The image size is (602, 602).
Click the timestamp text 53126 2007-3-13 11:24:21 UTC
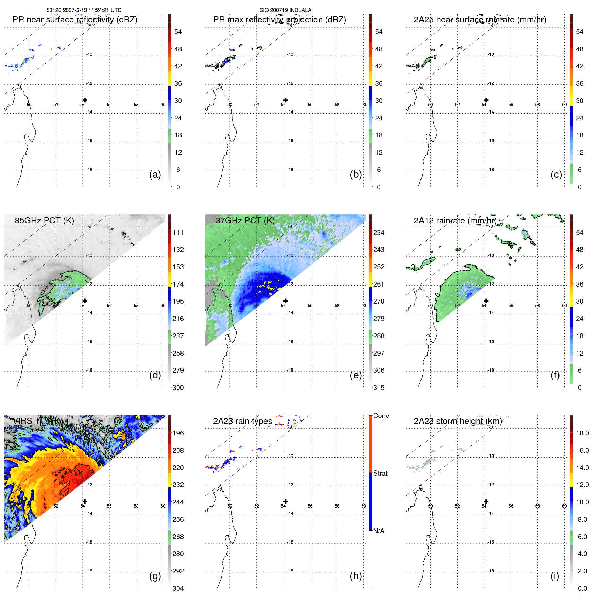pyautogui.click(x=84, y=10)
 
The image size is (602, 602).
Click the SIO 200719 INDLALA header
pyautogui.click(x=285, y=10)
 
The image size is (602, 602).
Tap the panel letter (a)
pyautogui.click(x=155, y=174)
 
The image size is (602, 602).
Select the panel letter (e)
pyautogui.click(x=356, y=375)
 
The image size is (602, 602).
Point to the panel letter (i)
pyautogui.click(x=555, y=576)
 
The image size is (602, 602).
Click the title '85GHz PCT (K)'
pyautogui.click(x=44, y=220)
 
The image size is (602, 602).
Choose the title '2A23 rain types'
pyautogui.click(x=242, y=421)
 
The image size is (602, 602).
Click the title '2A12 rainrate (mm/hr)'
pyautogui.click(x=455, y=220)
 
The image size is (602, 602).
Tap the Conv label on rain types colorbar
pyautogui.click(x=381, y=416)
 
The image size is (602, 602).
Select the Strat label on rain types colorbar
pyautogui.click(x=380, y=473)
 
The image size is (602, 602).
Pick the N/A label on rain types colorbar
pyautogui.click(x=379, y=531)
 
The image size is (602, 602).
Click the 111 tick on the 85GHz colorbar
pyautogui.click(x=178, y=233)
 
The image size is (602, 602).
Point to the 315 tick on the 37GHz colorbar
pyautogui.click(x=379, y=388)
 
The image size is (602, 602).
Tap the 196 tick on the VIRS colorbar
pyautogui.click(x=178, y=433)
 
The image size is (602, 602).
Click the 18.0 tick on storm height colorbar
pyautogui.click(x=582, y=433)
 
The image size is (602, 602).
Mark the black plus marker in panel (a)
pyautogui.click(x=85, y=100)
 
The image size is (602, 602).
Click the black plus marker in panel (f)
pyautogui.click(x=486, y=301)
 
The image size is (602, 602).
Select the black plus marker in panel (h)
pyautogui.click(x=286, y=501)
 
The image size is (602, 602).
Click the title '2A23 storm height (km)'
pyautogui.click(x=458, y=421)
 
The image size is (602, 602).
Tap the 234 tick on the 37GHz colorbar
pyautogui.click(x=379, y=233)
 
